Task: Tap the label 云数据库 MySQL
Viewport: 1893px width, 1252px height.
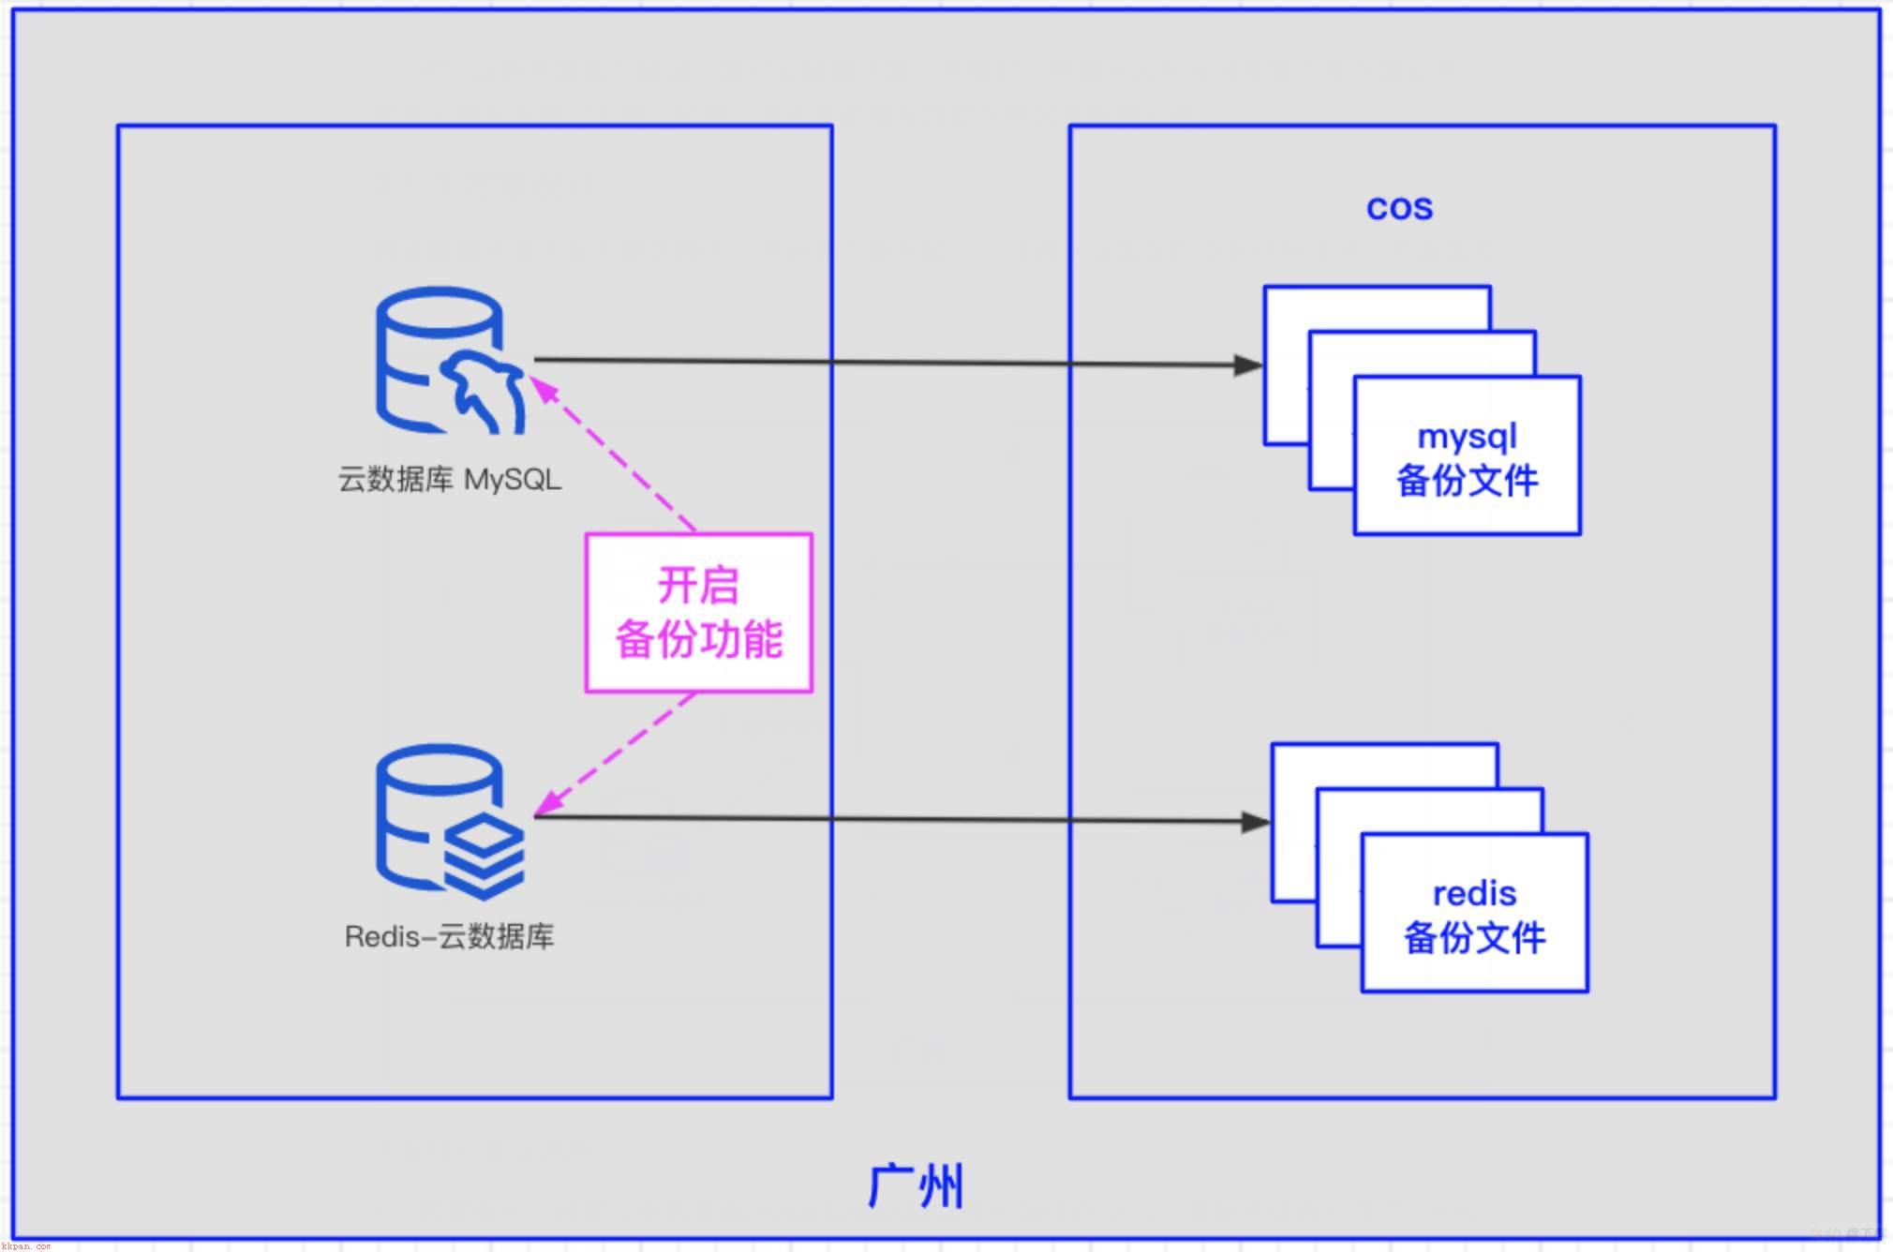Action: pos(450,480)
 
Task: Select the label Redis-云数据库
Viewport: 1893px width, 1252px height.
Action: pos(450,936)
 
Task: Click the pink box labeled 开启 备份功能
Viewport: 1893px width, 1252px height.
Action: pos(699,613)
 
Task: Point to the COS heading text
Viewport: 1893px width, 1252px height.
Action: pos(1399,207)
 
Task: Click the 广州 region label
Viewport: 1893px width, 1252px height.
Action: pos(916,1186)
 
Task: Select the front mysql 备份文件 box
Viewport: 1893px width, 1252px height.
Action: pos(1468,455)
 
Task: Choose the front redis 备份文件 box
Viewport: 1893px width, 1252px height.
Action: pos(1474,913)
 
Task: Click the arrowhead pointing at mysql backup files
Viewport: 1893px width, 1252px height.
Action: pos(1249,365)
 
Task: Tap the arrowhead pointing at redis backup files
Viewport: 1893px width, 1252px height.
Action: pos(1256,822)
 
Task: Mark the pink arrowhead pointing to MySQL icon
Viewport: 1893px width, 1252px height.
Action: pos(543,387)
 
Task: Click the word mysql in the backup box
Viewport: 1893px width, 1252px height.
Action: pos(1467,437)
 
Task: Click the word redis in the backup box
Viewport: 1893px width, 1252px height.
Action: pos(1474,894)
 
